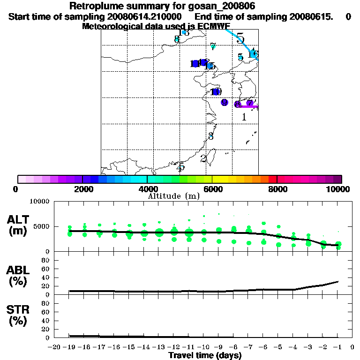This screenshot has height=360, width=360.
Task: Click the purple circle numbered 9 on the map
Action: point(225,102)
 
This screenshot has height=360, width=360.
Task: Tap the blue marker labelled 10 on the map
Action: point(216,92)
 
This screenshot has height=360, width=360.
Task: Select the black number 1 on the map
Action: point(244,117)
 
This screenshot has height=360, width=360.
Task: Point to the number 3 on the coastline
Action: point(211,136)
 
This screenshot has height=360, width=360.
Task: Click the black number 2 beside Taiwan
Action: point(203,159)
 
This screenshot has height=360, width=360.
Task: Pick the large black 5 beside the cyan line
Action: point(240,38)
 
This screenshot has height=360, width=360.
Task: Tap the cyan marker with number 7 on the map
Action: point(213,46)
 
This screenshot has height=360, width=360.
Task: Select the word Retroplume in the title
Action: point(93,6)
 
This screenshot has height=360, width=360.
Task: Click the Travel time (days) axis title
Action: point(205,355)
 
